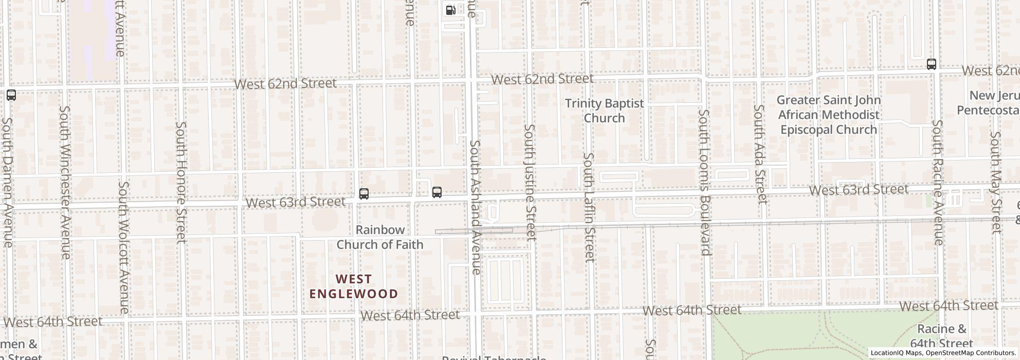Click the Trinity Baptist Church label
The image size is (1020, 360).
[x=604, y=111]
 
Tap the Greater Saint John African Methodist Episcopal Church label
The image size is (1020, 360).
[x=828, y=115]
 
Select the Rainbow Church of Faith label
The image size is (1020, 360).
[x=379, y=237]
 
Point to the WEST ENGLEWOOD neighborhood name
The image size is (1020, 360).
[x=354, y=286]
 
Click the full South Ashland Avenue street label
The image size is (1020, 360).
[x=476, y=207]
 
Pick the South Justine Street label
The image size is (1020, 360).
[x=530, y=182]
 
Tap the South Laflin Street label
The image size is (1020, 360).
[x=589, y=207]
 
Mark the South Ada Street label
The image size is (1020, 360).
[x=760, y=154]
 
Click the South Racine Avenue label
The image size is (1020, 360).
[x=938, y=182]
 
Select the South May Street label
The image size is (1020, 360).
[x=996, y=182]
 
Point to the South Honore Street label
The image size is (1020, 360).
[x=180, y=182]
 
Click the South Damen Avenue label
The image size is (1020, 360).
[x=7, y=182]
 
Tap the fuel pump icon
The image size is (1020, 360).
[x=450, y=10]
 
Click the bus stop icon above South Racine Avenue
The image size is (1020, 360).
[x=931, y=64]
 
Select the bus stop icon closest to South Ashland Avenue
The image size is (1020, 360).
[x=436, y=192]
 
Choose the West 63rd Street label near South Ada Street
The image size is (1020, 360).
[x=858, y=190]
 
